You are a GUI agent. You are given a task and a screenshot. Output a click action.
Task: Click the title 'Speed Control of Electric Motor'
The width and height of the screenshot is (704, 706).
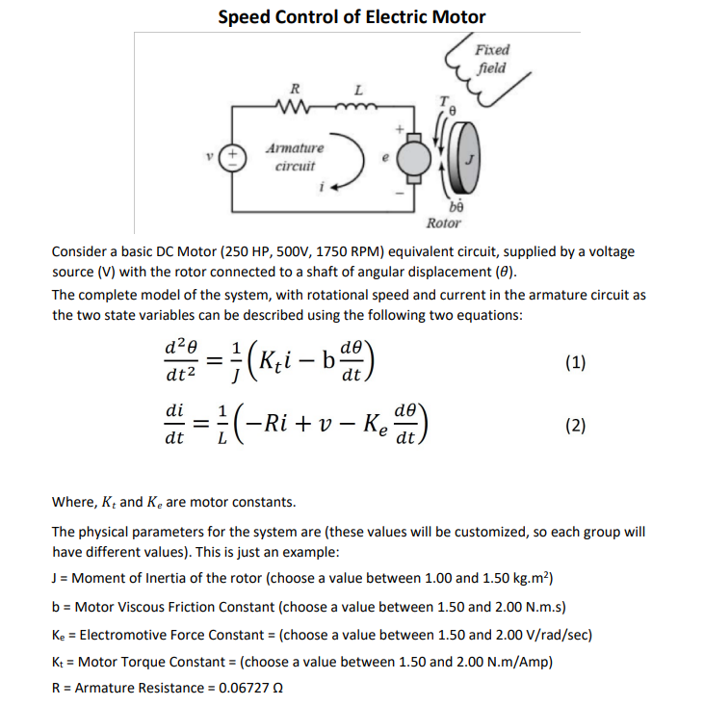coord(352,16)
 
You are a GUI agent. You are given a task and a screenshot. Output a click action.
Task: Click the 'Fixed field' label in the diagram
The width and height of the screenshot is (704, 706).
coord(493,59)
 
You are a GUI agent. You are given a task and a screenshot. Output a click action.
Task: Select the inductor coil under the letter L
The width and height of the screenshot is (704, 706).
coord(359,105)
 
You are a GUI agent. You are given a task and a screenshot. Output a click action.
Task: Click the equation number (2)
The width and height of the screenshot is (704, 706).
coord(575,426)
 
